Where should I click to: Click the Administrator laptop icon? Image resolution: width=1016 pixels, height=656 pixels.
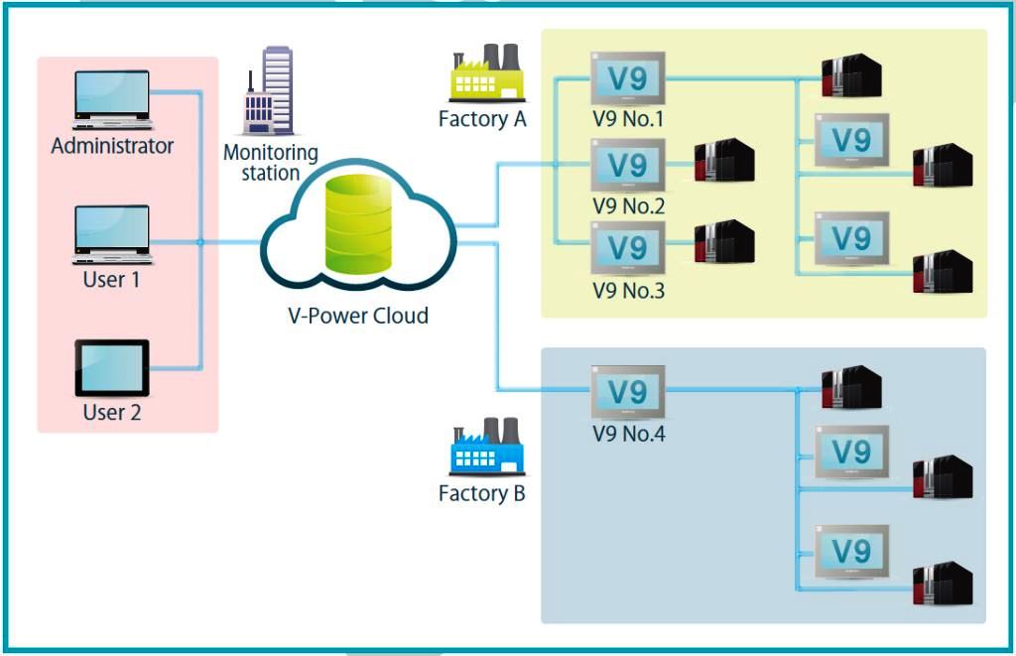(112, 99)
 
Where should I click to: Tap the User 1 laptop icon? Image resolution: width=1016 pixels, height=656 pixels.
(112, 234)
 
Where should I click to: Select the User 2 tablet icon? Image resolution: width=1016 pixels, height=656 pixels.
(112, 368)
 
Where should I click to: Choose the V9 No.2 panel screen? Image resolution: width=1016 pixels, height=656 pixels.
(628, 165)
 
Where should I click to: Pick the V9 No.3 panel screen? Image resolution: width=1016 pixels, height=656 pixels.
(628, 248)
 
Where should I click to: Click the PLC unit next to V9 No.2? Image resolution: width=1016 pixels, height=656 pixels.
(724, 163)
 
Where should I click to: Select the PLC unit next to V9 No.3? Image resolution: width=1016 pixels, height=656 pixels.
(724, 242)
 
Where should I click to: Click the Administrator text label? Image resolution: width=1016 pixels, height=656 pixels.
(112, 146)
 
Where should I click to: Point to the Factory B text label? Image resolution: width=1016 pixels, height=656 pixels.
(482, 493)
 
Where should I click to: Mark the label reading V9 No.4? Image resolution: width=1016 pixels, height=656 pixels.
(628, 434)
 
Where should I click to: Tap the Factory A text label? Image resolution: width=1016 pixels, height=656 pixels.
(482, 120)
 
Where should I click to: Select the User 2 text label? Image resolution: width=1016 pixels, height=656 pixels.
(112, 412)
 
